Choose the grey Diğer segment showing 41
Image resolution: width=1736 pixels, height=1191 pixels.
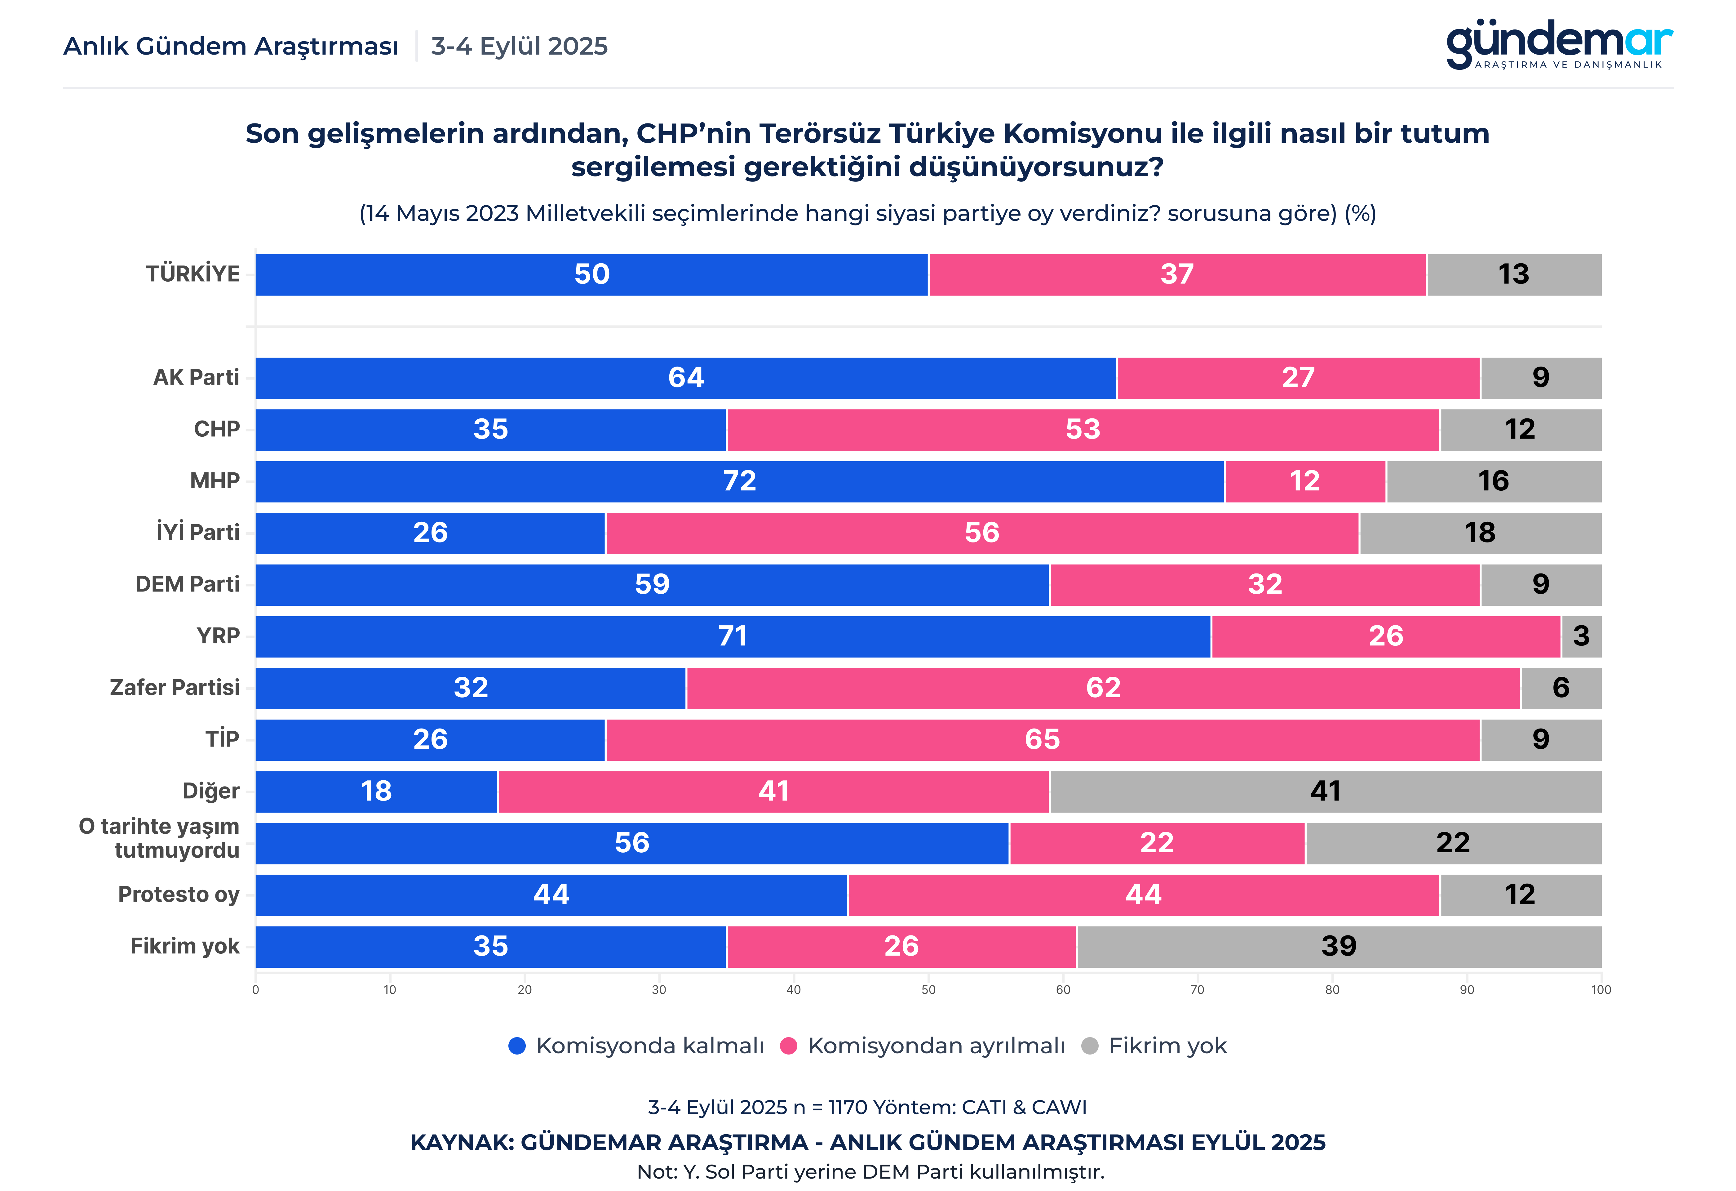pyautogui.click(x=1325, y=791)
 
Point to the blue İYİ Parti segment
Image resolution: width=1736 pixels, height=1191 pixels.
pyautogui.click(x=430, y=533)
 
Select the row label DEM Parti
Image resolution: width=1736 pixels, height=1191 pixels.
pyautogui.click(x=188, y=584)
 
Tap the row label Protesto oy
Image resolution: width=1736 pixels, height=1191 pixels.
pyautogui.click(x=179, y=894)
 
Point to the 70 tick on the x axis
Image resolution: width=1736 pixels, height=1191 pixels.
pyautogui.click(x=1198, y=990)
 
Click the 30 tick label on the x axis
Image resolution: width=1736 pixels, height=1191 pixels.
pyautogui.click(x=659, y=990)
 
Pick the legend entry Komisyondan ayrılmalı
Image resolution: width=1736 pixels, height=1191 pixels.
pyautogui.click(x=935, y=1046)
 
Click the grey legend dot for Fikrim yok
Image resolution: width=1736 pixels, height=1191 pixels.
pyautogui.click(x=1090, y=1046)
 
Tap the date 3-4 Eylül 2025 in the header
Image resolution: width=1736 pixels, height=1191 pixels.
pyautogui.click(x=519, y=46)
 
